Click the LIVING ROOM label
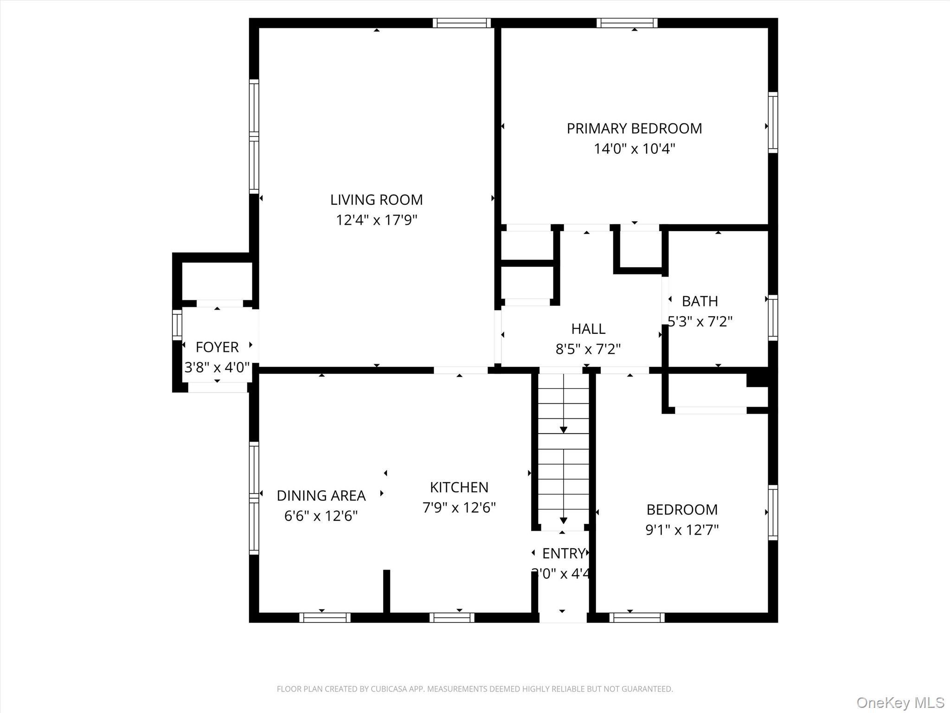(376, 200)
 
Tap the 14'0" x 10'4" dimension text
(634, 149)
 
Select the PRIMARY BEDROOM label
(634, 129)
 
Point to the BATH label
(700, 301)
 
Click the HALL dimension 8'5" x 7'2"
(588, 349)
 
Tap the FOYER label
(217, 347)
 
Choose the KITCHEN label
(459, 487)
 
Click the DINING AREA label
(321, 496)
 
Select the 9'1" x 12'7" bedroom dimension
(682, 530)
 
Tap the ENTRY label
(563, 553)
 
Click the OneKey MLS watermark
(900, 702)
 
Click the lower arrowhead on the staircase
(563, 520)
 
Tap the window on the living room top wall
(462, 23)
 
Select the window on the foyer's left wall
(177, 324)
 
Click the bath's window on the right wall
(772, 318)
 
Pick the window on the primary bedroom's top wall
(627, 23)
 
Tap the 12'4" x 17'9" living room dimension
(376, 220)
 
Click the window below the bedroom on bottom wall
(636, 617)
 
